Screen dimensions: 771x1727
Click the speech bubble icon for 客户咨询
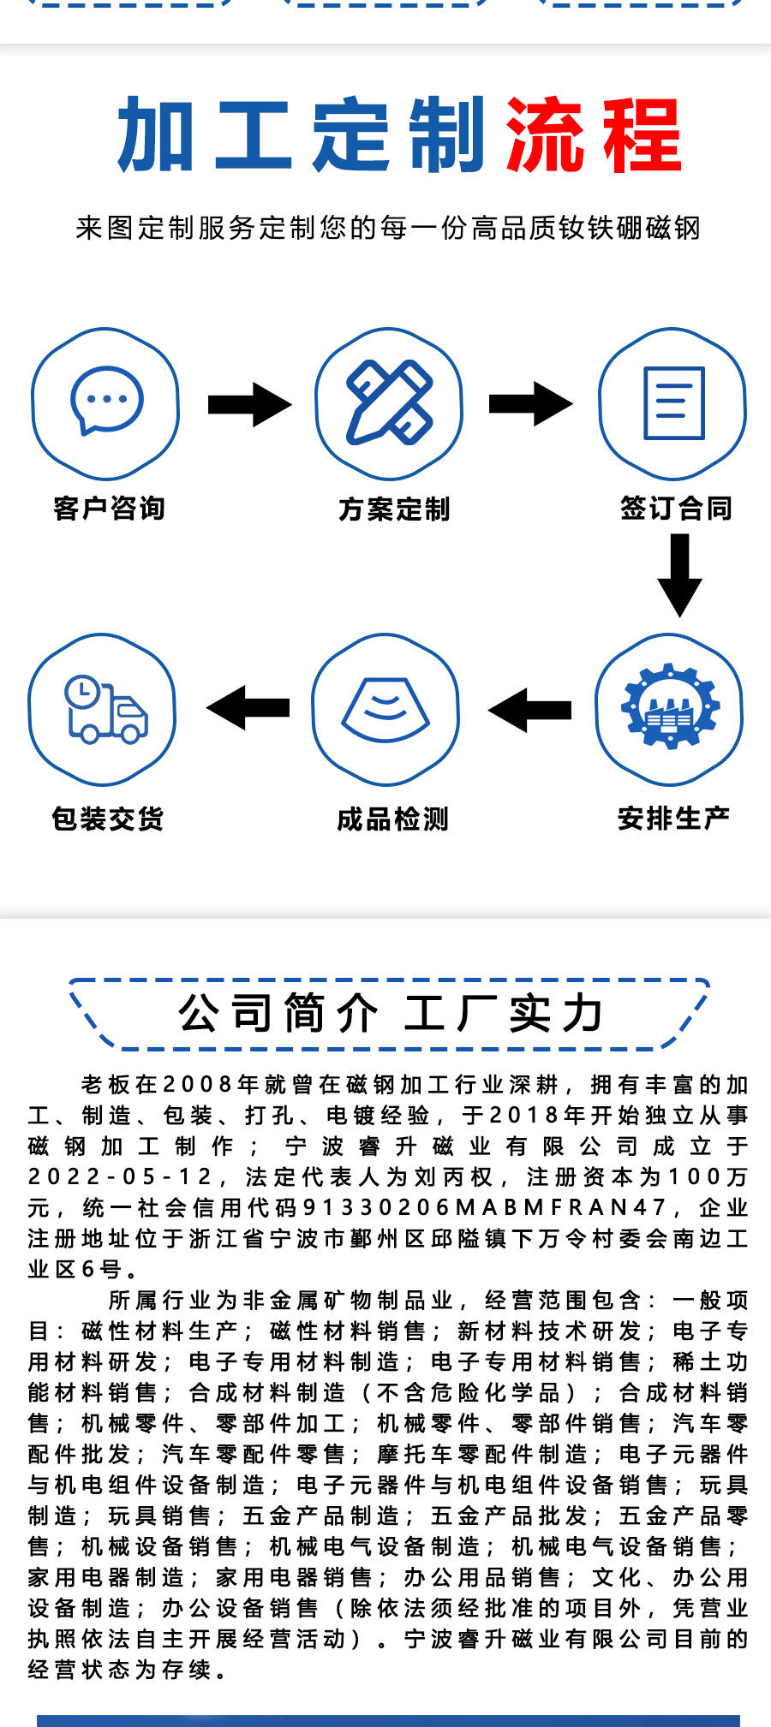(x=106, y=401)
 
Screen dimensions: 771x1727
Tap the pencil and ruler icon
(x=389, y=402)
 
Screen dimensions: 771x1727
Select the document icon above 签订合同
(x=673, y=402)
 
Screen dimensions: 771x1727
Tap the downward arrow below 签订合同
(x=679, y=575)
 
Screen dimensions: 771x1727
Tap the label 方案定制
(x=393, y=509)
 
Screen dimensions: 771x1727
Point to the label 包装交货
(x=107, y=819)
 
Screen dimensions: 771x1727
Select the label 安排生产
(x=673, y=819)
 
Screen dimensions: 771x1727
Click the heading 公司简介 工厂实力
(x=390, y=1014)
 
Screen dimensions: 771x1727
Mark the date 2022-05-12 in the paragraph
(x=120, y=1176)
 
